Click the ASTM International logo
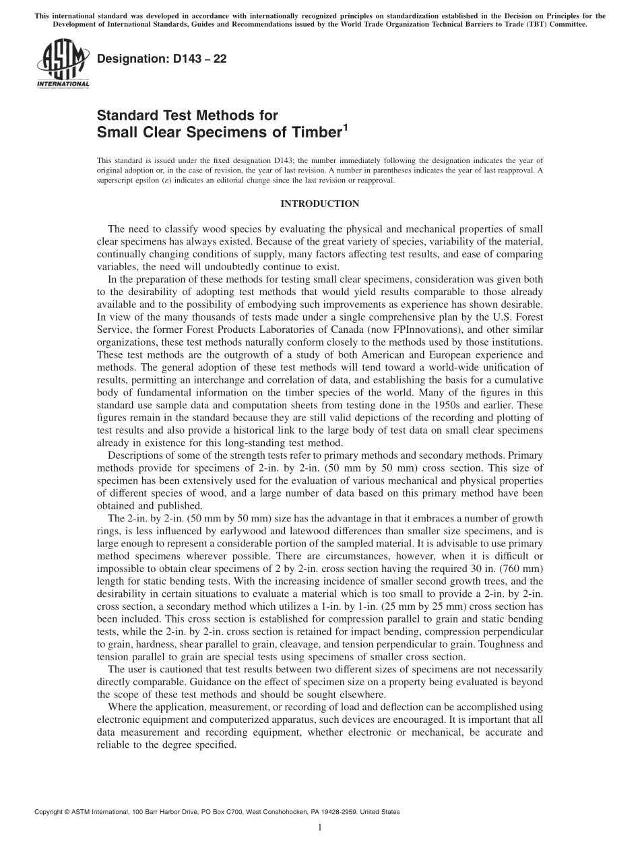[62, 64]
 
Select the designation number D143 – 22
[162, 59]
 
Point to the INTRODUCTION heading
[319, 203]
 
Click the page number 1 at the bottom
[320, 827]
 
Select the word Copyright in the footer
[49, 812]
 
